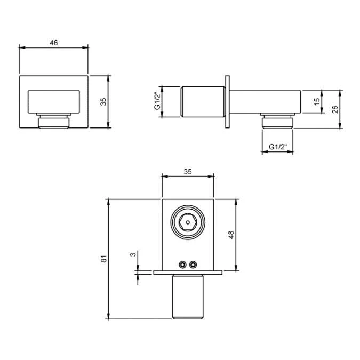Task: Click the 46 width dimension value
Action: click(x=54, y=43)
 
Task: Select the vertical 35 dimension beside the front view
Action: click(x=103, y=101)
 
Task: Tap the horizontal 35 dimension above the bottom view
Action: click(x=187, y=172)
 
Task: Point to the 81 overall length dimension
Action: click(x=105, y=259)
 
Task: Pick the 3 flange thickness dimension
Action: click(x=133, y=255)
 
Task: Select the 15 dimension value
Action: click(x=317, y=101)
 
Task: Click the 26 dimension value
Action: click(x=334, y=109)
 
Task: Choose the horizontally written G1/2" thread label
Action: click(x=277, y=147)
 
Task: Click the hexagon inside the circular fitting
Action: click(x=187, y=222)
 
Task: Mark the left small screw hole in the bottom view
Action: click(x=183, y=264)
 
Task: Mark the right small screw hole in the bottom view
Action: click(x=193, y=264)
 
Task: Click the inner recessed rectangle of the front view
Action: click(x=54, y=101)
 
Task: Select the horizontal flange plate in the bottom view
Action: click(x=187, y=273)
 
